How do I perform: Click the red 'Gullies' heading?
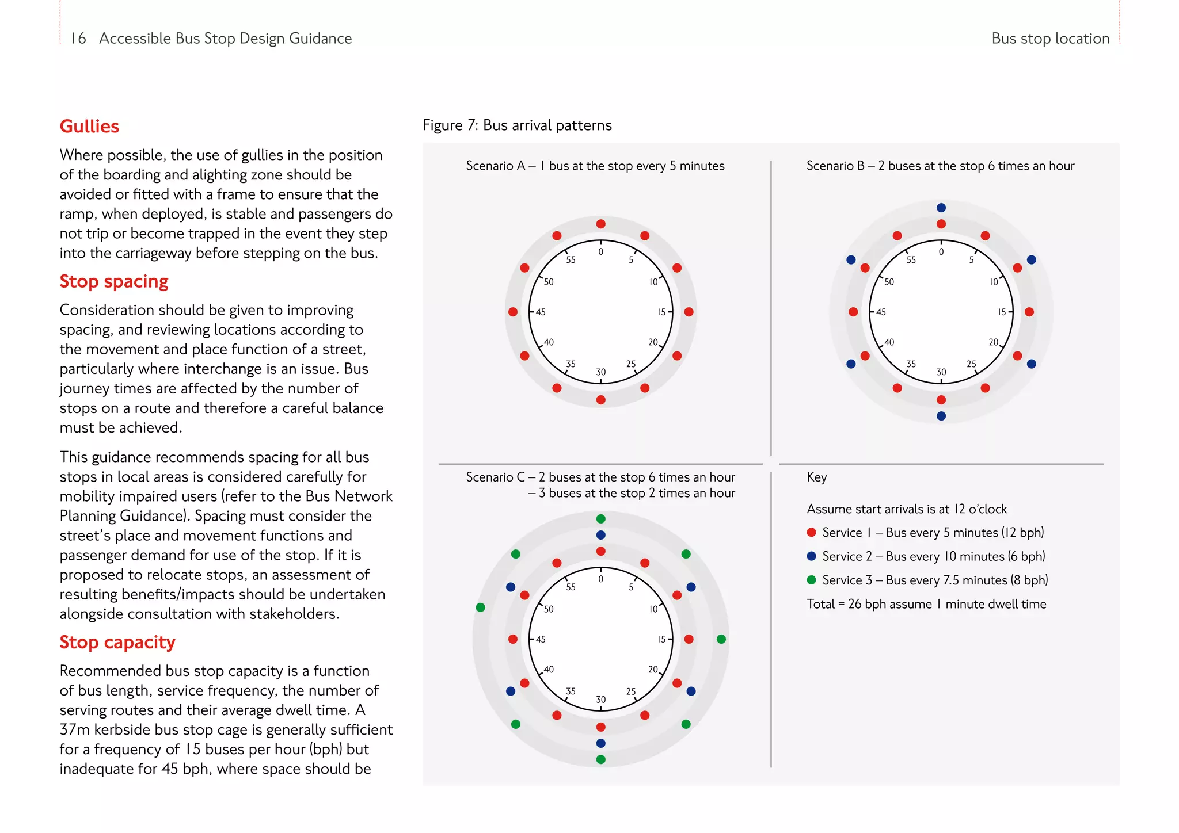(89, 126)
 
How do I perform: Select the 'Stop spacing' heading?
(114, 281)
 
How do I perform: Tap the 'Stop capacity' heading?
(117, 642)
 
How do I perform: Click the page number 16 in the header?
(78, 39)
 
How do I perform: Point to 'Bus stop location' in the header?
(1050, 39)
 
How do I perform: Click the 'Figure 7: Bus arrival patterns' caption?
(517, 125)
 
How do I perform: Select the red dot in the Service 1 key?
(812, 532)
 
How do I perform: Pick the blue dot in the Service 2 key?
(812, 556)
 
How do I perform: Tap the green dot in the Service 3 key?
(812, 580)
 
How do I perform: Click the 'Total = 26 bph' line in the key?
(926, 604)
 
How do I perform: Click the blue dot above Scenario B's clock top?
(941, 208)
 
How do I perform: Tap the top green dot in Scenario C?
(601, 519)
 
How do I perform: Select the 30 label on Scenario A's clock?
(601, 372)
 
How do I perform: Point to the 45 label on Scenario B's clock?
(881, 312)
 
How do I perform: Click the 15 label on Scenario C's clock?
(661, 639)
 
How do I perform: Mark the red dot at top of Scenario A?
(601, 224)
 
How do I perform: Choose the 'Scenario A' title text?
(595, 166)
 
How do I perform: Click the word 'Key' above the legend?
(817, 477)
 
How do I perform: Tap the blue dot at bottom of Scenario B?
(941, 416)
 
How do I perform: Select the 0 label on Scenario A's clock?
(601, 252)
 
